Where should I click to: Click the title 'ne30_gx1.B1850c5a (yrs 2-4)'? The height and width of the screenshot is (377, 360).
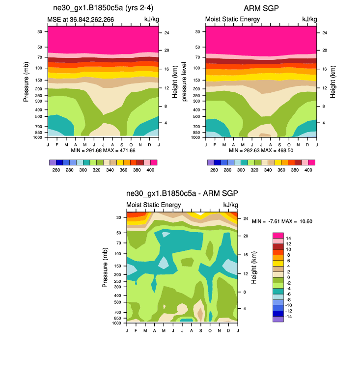point(103,8)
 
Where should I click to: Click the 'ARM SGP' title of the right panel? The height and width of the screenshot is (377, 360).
point(261,8)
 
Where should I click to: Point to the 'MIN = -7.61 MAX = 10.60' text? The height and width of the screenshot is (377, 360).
point(282,221)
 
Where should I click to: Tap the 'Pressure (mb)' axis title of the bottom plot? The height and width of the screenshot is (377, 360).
point(106,268)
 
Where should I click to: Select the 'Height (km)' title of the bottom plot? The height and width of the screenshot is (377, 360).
point(254,268)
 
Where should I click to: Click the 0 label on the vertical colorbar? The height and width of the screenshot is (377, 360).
point(288,277)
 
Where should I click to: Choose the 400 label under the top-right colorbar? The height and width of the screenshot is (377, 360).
point(308,170)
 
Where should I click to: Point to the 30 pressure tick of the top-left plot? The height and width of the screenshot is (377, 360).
point(39,31)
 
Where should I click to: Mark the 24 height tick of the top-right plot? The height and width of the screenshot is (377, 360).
point(324,33)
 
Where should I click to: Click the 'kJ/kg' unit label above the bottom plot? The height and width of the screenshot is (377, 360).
point(231,205)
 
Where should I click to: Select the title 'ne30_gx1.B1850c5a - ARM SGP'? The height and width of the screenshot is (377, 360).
point(182,193)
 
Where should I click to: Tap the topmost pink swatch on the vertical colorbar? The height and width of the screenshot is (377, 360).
point(278,235)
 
